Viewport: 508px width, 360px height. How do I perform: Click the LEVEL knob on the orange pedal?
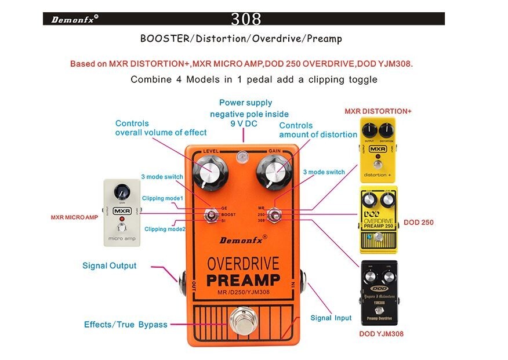point(207,171)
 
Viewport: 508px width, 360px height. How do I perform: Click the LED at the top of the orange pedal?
point(243,155)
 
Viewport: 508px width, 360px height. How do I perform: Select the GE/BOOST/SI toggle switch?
point(208,216)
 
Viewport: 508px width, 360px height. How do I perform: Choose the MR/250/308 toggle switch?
point(276,214)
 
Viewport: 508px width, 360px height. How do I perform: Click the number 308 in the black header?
point(246,19)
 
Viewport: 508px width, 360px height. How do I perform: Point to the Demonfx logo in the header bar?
point(75,19)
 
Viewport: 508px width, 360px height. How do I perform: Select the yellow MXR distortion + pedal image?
point(378,150)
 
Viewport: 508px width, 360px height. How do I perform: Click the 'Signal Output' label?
point(109,266)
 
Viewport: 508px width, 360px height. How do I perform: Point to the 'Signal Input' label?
point(331,318)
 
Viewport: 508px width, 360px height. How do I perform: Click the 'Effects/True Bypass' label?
point(125,325)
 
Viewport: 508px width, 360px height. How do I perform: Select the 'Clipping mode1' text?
point(164,198)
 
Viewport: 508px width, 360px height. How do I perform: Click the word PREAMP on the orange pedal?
point(243,280)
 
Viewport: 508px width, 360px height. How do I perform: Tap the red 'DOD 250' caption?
point(418,223)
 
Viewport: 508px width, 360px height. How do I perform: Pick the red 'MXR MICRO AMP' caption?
point(74,218)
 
